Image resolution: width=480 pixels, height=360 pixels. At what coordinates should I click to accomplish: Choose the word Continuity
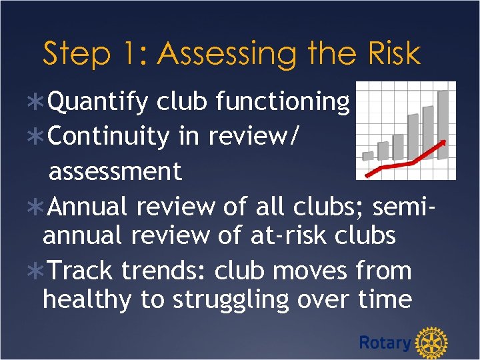point(108,136)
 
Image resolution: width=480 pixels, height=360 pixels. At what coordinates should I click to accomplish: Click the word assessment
point(115,171)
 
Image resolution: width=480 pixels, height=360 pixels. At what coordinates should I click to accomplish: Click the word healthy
point(87,300)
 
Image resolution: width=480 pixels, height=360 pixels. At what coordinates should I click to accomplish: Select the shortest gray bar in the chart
point(367,155)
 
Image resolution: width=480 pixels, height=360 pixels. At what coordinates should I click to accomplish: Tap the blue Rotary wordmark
point(385,343)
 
